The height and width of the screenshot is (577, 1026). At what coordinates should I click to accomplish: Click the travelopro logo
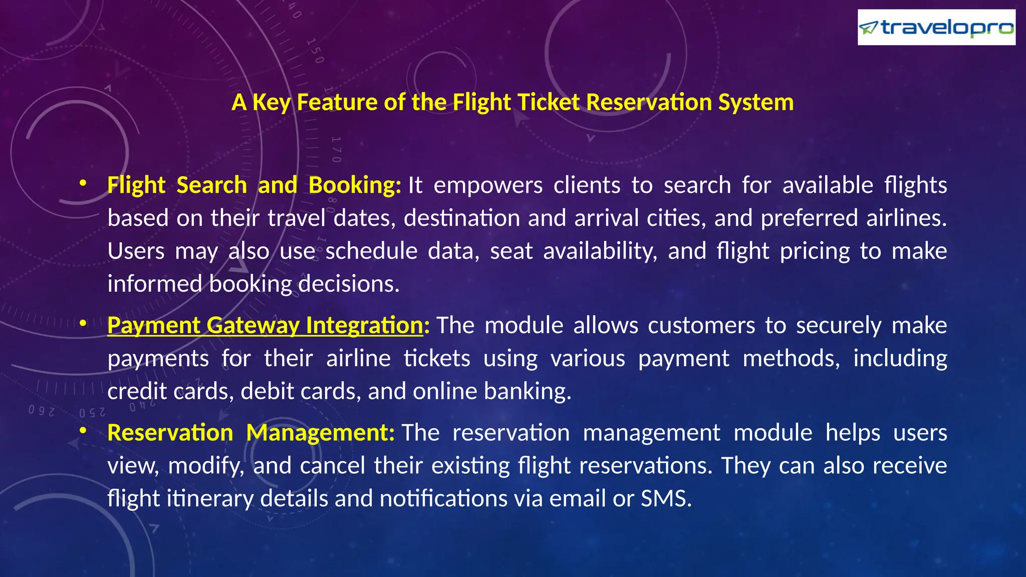click(x=936, y=28)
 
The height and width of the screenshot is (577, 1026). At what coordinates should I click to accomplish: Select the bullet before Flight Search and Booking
click(x=83, y=183)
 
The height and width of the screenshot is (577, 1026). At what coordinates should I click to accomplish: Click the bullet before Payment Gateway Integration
click(x=83, y=324)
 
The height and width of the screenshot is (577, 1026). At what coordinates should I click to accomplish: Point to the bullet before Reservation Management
click(x=83, y=431)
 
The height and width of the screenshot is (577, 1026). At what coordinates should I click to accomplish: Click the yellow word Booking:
click(x=355, y=186)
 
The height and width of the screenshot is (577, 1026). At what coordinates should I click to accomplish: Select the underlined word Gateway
click(x=252, y=326)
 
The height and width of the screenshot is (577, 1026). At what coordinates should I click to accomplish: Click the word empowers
click(x=488, y=186)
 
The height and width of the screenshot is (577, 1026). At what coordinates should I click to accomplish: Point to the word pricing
click(x=815, y=251)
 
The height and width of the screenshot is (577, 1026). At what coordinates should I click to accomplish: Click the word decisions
click(x=349, y=284)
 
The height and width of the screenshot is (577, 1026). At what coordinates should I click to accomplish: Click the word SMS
click(x=666, y=499)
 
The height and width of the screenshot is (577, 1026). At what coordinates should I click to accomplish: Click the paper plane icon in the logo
click(x=869, y=28)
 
